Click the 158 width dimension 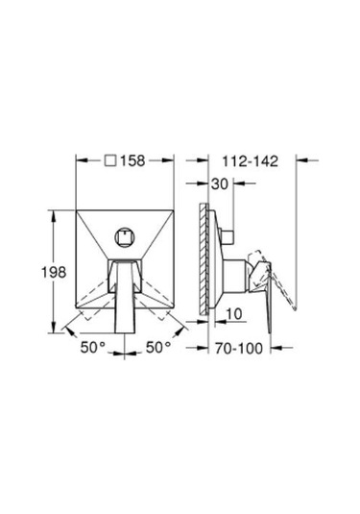132,160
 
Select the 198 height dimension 54,272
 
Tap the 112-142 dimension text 251,161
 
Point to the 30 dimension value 220,184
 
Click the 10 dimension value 234,314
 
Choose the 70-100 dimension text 239,348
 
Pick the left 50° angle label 93,348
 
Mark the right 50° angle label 158,348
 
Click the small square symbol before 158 110,160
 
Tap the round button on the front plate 125,237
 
